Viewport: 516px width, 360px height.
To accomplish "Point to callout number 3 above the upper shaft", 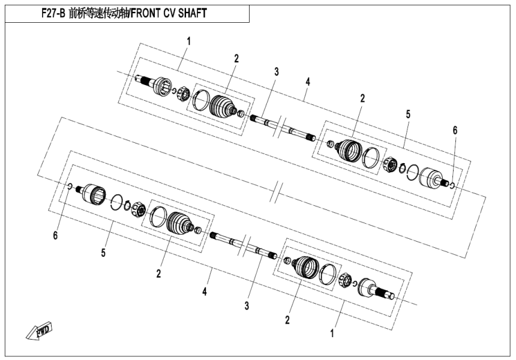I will [277, 71].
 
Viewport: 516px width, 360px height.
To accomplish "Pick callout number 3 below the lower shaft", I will [246, 306].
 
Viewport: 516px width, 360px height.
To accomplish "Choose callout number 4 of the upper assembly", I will [307, 80].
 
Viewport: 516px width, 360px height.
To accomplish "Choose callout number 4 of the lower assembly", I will [205, 292].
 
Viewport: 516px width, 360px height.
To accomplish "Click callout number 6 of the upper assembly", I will [455, 130].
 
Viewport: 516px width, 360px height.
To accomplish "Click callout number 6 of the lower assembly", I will [55, 236].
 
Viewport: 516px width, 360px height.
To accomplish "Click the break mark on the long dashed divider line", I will [275, 193].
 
